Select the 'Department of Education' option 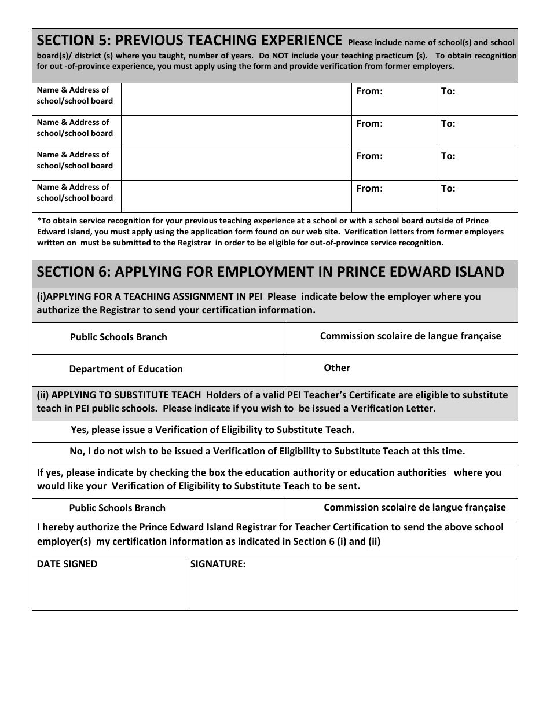126,369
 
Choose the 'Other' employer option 336,368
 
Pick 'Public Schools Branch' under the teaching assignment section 118,337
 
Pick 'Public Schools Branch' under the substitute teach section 117,508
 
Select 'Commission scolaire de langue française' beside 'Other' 410,336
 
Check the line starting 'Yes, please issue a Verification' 212,430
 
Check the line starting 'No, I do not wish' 267,452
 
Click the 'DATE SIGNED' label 67,564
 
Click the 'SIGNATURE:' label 218,564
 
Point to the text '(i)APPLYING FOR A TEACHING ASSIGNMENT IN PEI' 149,297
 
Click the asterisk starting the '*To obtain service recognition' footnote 39,221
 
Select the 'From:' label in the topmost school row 369,91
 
